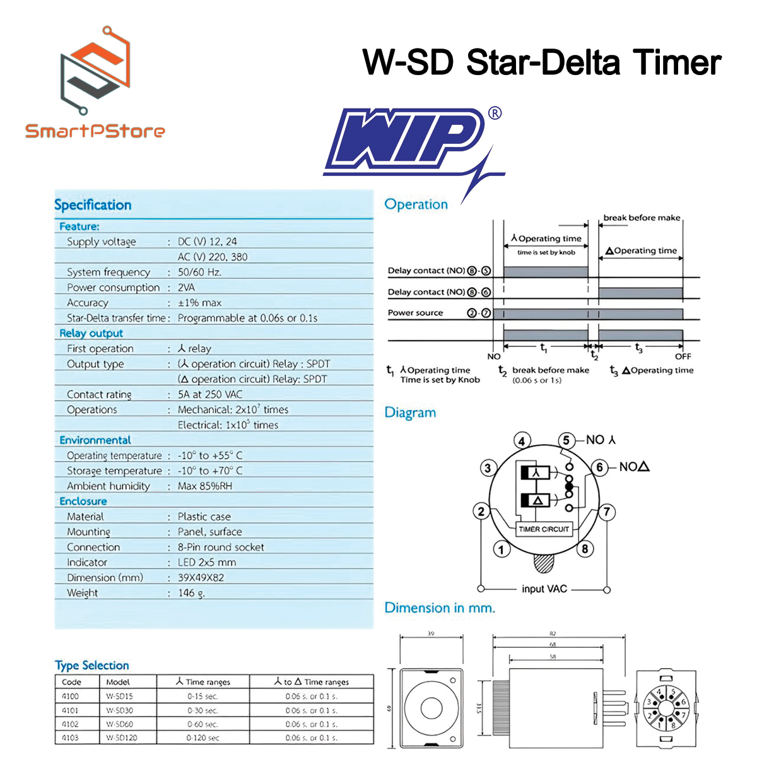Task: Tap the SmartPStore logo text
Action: [x=95, y=131]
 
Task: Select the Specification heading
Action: [x=93, y=205]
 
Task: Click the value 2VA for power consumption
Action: [x=186, y=288]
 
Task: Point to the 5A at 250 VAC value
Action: [x=210, y=394]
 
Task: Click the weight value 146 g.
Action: [x=191, y=593]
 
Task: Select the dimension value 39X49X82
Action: [x=201, y=578]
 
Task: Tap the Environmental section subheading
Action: [x=95, y=440]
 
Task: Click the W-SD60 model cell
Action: [x=119, y=724]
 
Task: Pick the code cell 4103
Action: [x=71, y=737]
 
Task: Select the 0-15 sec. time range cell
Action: [x=202, y=696]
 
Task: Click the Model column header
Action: [x=118, y=682]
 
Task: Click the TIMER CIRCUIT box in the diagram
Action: [x=544, y=529]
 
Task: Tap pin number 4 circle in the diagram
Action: [x=522, y=441]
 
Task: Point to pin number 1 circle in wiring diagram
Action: [x=502, y=550]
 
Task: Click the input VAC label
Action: [x=544, y=589]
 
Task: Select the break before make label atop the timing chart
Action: [x=642, y=218]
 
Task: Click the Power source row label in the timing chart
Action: [x=415, y=313]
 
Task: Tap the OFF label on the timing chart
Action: [x=683, y=356]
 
